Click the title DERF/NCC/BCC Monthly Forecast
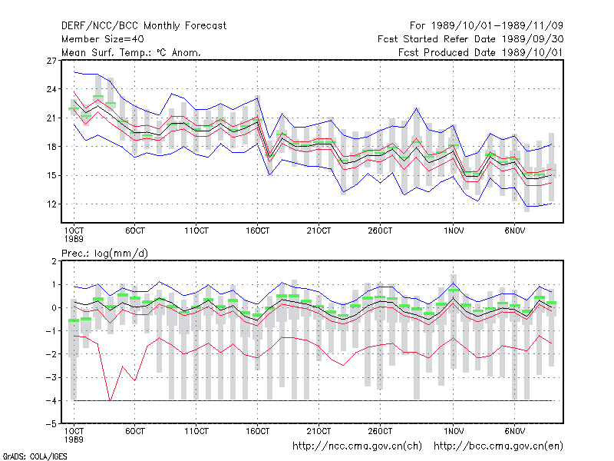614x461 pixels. coord(144,26)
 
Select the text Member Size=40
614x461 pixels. coord(103,39)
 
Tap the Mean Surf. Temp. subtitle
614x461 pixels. coord(131,52)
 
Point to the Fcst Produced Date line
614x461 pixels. coord(481,52)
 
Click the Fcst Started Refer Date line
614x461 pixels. coord(470,39)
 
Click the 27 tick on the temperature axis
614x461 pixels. coord(51,61)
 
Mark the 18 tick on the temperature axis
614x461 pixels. coord(51,147)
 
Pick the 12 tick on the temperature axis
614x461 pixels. coord(51,204)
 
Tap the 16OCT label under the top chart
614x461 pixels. coord(258,230)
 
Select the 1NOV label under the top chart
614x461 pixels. coord(454,230)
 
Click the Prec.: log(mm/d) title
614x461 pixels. coord(104,254)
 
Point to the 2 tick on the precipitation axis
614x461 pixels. coord(54,261)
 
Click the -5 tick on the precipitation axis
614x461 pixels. coord(51,424)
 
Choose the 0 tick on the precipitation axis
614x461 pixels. coord(54,308)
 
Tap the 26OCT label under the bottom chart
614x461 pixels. coord(380,431)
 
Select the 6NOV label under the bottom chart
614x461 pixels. coord(514,431)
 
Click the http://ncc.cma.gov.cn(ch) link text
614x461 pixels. coord(357,446)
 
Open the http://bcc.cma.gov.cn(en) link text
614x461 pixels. coord(498,446)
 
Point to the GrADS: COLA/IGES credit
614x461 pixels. coord(35,456)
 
